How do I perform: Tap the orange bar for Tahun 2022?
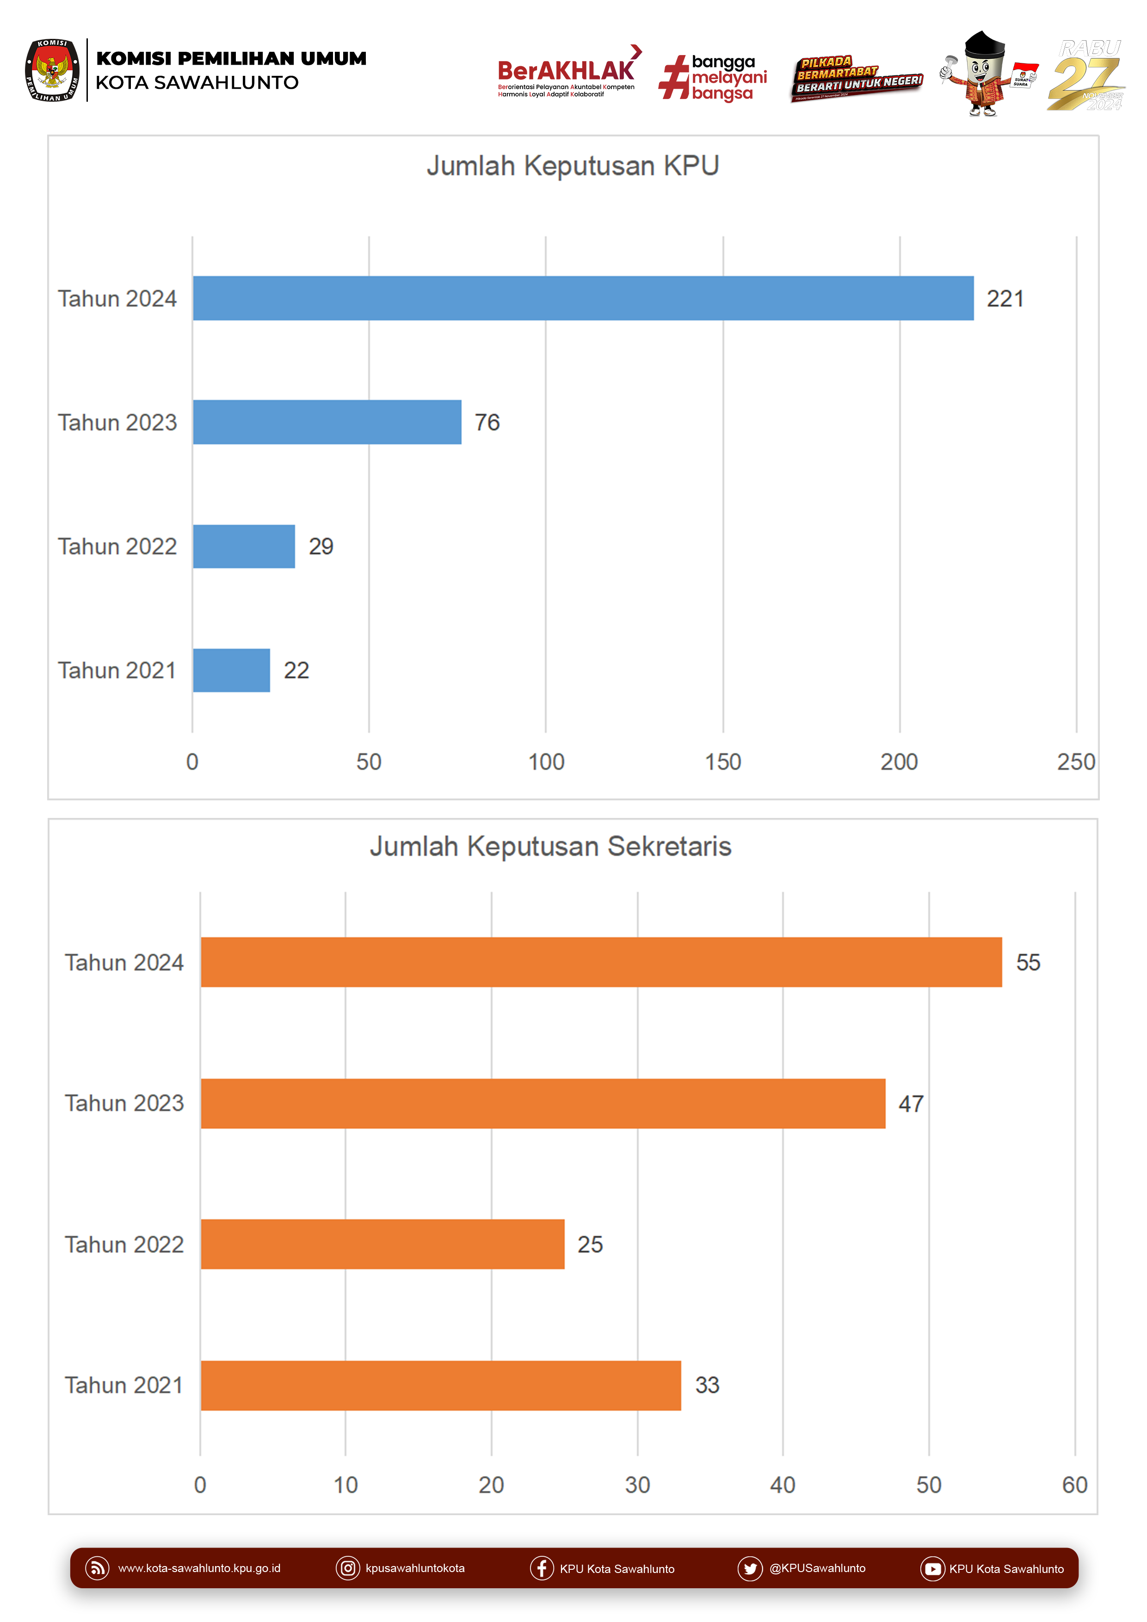pos(382,1244)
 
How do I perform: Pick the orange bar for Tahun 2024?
pos(601,962)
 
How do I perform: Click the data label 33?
pos(707,1385)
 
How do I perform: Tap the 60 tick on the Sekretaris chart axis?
pos(1074,1485)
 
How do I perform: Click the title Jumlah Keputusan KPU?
pos(573,166)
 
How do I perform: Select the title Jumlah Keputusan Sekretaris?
pos(550,846)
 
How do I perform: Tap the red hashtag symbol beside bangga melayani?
pos(673,77)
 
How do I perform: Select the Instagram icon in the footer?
pos(348,1568)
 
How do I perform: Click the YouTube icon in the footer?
pos(932,1569)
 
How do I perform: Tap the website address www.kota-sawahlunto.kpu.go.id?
pos(199,1568)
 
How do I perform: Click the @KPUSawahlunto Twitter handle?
pos(817,1568)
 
